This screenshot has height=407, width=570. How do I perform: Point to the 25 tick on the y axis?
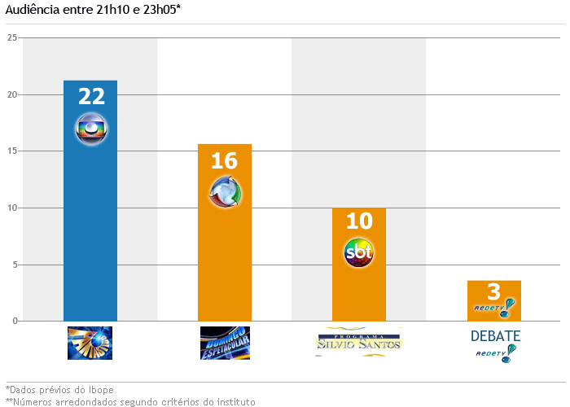tap(11, 37)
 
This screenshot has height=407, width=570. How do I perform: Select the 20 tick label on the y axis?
tap(11, 94)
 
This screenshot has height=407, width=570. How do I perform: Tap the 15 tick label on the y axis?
tap(11, 151)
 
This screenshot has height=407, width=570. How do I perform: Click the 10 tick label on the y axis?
tap(11, 208)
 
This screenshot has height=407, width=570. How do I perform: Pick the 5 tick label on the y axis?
tap(14, 265)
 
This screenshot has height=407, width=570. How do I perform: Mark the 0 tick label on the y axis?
tap(14, 321)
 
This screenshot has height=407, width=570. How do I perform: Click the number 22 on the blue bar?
tap(91, 96)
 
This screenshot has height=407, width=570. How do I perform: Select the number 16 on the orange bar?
tap(224, 160)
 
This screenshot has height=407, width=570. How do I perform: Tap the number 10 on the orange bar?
tap(359, 221)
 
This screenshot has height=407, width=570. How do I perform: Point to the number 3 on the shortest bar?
tap(493, 292)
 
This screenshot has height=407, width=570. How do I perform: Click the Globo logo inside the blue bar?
tap(91, 129)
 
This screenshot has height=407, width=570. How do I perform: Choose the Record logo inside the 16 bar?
tap(225, 192)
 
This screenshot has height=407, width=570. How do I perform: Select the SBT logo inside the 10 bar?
tap(359, 253)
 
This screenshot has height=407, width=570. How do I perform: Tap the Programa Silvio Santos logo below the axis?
tap(359, 343)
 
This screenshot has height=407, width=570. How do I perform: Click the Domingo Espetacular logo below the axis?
tap(225, 343)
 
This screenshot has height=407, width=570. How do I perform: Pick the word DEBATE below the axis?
tap(495, 335)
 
